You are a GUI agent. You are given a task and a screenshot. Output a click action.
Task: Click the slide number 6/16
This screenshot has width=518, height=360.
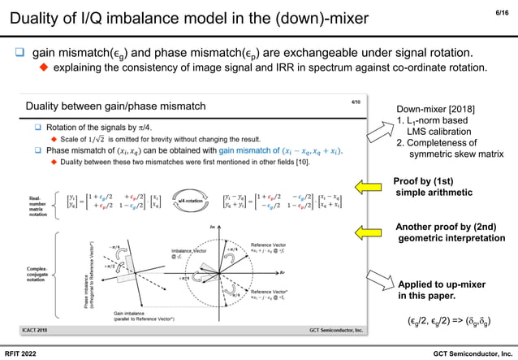502,11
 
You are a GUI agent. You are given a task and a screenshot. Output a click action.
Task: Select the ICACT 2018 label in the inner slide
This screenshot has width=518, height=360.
38,330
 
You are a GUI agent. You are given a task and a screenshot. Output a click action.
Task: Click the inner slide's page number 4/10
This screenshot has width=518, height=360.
356,102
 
